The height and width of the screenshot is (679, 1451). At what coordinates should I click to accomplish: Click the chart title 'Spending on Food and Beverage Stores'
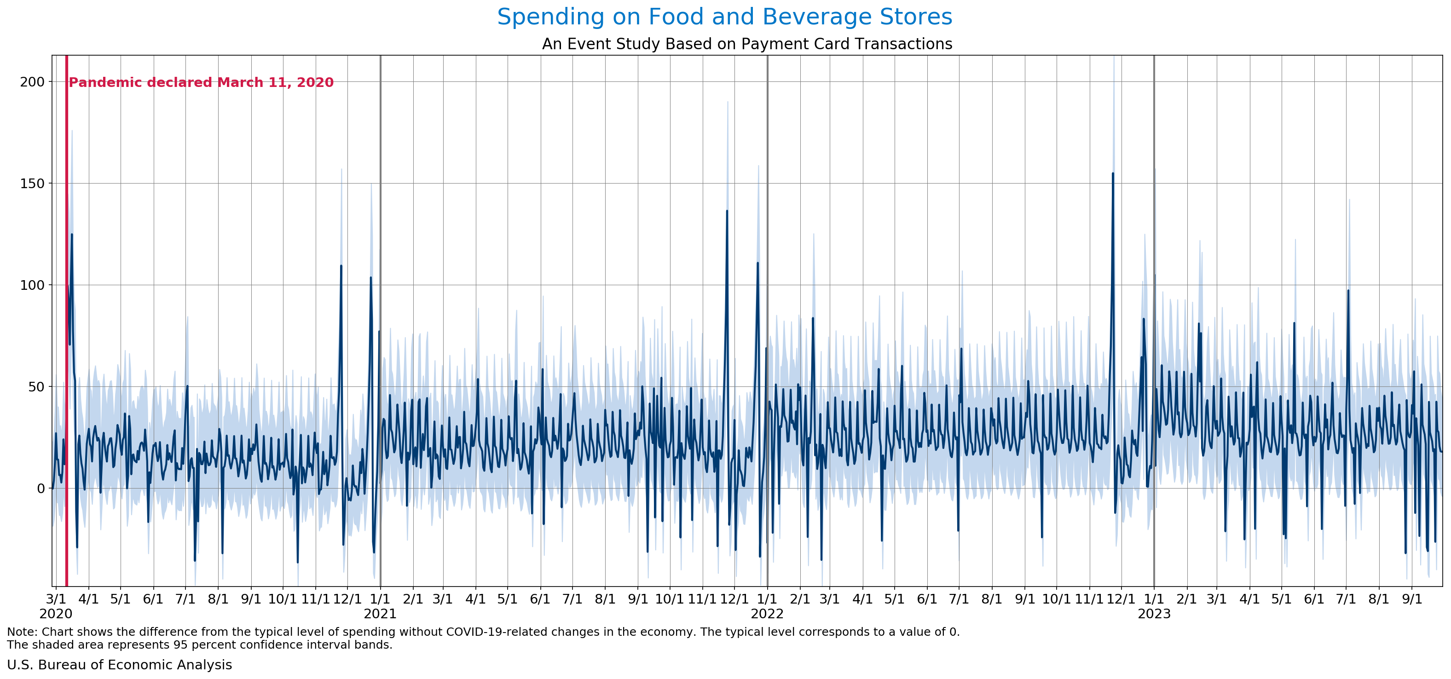724,17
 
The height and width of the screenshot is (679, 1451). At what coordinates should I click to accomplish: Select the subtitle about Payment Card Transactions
747,44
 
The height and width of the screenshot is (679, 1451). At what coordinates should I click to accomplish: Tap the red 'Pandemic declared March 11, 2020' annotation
201,83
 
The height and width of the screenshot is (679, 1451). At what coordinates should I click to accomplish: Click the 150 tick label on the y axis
32,184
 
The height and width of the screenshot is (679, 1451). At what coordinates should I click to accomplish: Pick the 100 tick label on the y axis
32,285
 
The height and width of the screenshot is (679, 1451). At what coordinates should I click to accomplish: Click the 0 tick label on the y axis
40,488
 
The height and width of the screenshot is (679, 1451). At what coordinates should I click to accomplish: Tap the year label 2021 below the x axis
380,614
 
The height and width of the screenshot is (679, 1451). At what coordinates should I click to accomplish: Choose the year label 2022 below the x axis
767,614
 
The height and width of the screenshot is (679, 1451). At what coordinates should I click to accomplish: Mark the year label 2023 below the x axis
1154,614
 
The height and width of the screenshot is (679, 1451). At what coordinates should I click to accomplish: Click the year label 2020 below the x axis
56,614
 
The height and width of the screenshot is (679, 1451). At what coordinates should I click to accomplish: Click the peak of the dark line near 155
1112,174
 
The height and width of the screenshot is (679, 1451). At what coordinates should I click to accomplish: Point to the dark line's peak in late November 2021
727,212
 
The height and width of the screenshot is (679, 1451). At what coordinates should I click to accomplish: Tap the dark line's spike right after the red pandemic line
71,235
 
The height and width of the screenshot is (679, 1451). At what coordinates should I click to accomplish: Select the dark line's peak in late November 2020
341,266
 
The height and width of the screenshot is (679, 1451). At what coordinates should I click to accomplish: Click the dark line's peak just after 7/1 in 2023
1348,291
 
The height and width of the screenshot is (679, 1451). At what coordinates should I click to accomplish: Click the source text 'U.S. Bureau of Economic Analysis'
119,665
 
